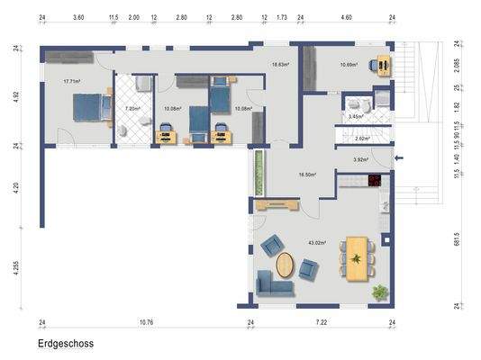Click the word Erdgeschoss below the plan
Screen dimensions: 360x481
click(x=66, y=343)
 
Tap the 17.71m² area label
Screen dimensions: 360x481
click(x=73, y=81)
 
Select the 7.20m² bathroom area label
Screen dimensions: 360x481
click(x=133, y=108)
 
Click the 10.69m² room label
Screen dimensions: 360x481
click(x=350, y=64)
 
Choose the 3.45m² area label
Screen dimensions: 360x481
click(x=357, y=117)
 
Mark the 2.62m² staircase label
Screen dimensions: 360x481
click(x=363, y=139)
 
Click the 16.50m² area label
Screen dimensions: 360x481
click(x=307, y=175)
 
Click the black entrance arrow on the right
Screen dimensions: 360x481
click(x=400, y=159)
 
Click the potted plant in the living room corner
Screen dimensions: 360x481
click(x=380, y=292)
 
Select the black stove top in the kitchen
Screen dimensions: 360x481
click(x=374, y=181)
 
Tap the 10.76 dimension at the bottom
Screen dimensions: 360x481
click(x=146, y=321)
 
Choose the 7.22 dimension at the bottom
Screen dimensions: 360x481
click(x=322, y=321)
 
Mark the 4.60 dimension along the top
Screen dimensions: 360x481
click(x=346, y=17)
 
